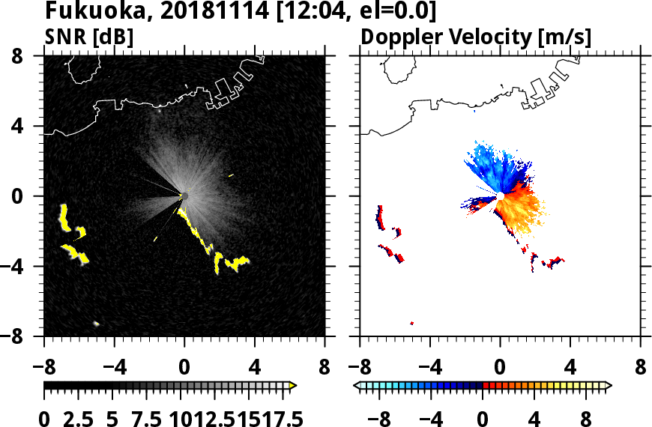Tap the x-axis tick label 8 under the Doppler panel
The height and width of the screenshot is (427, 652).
[640, 369]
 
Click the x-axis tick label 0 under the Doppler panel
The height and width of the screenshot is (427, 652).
[500, 369]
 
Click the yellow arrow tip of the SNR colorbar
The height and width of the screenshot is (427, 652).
[293, 386]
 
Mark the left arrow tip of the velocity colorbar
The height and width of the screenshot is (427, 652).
[357, 386]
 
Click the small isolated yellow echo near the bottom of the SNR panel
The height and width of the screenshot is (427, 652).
[97, 324]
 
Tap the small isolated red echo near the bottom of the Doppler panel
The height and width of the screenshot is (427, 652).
[412, 323]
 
